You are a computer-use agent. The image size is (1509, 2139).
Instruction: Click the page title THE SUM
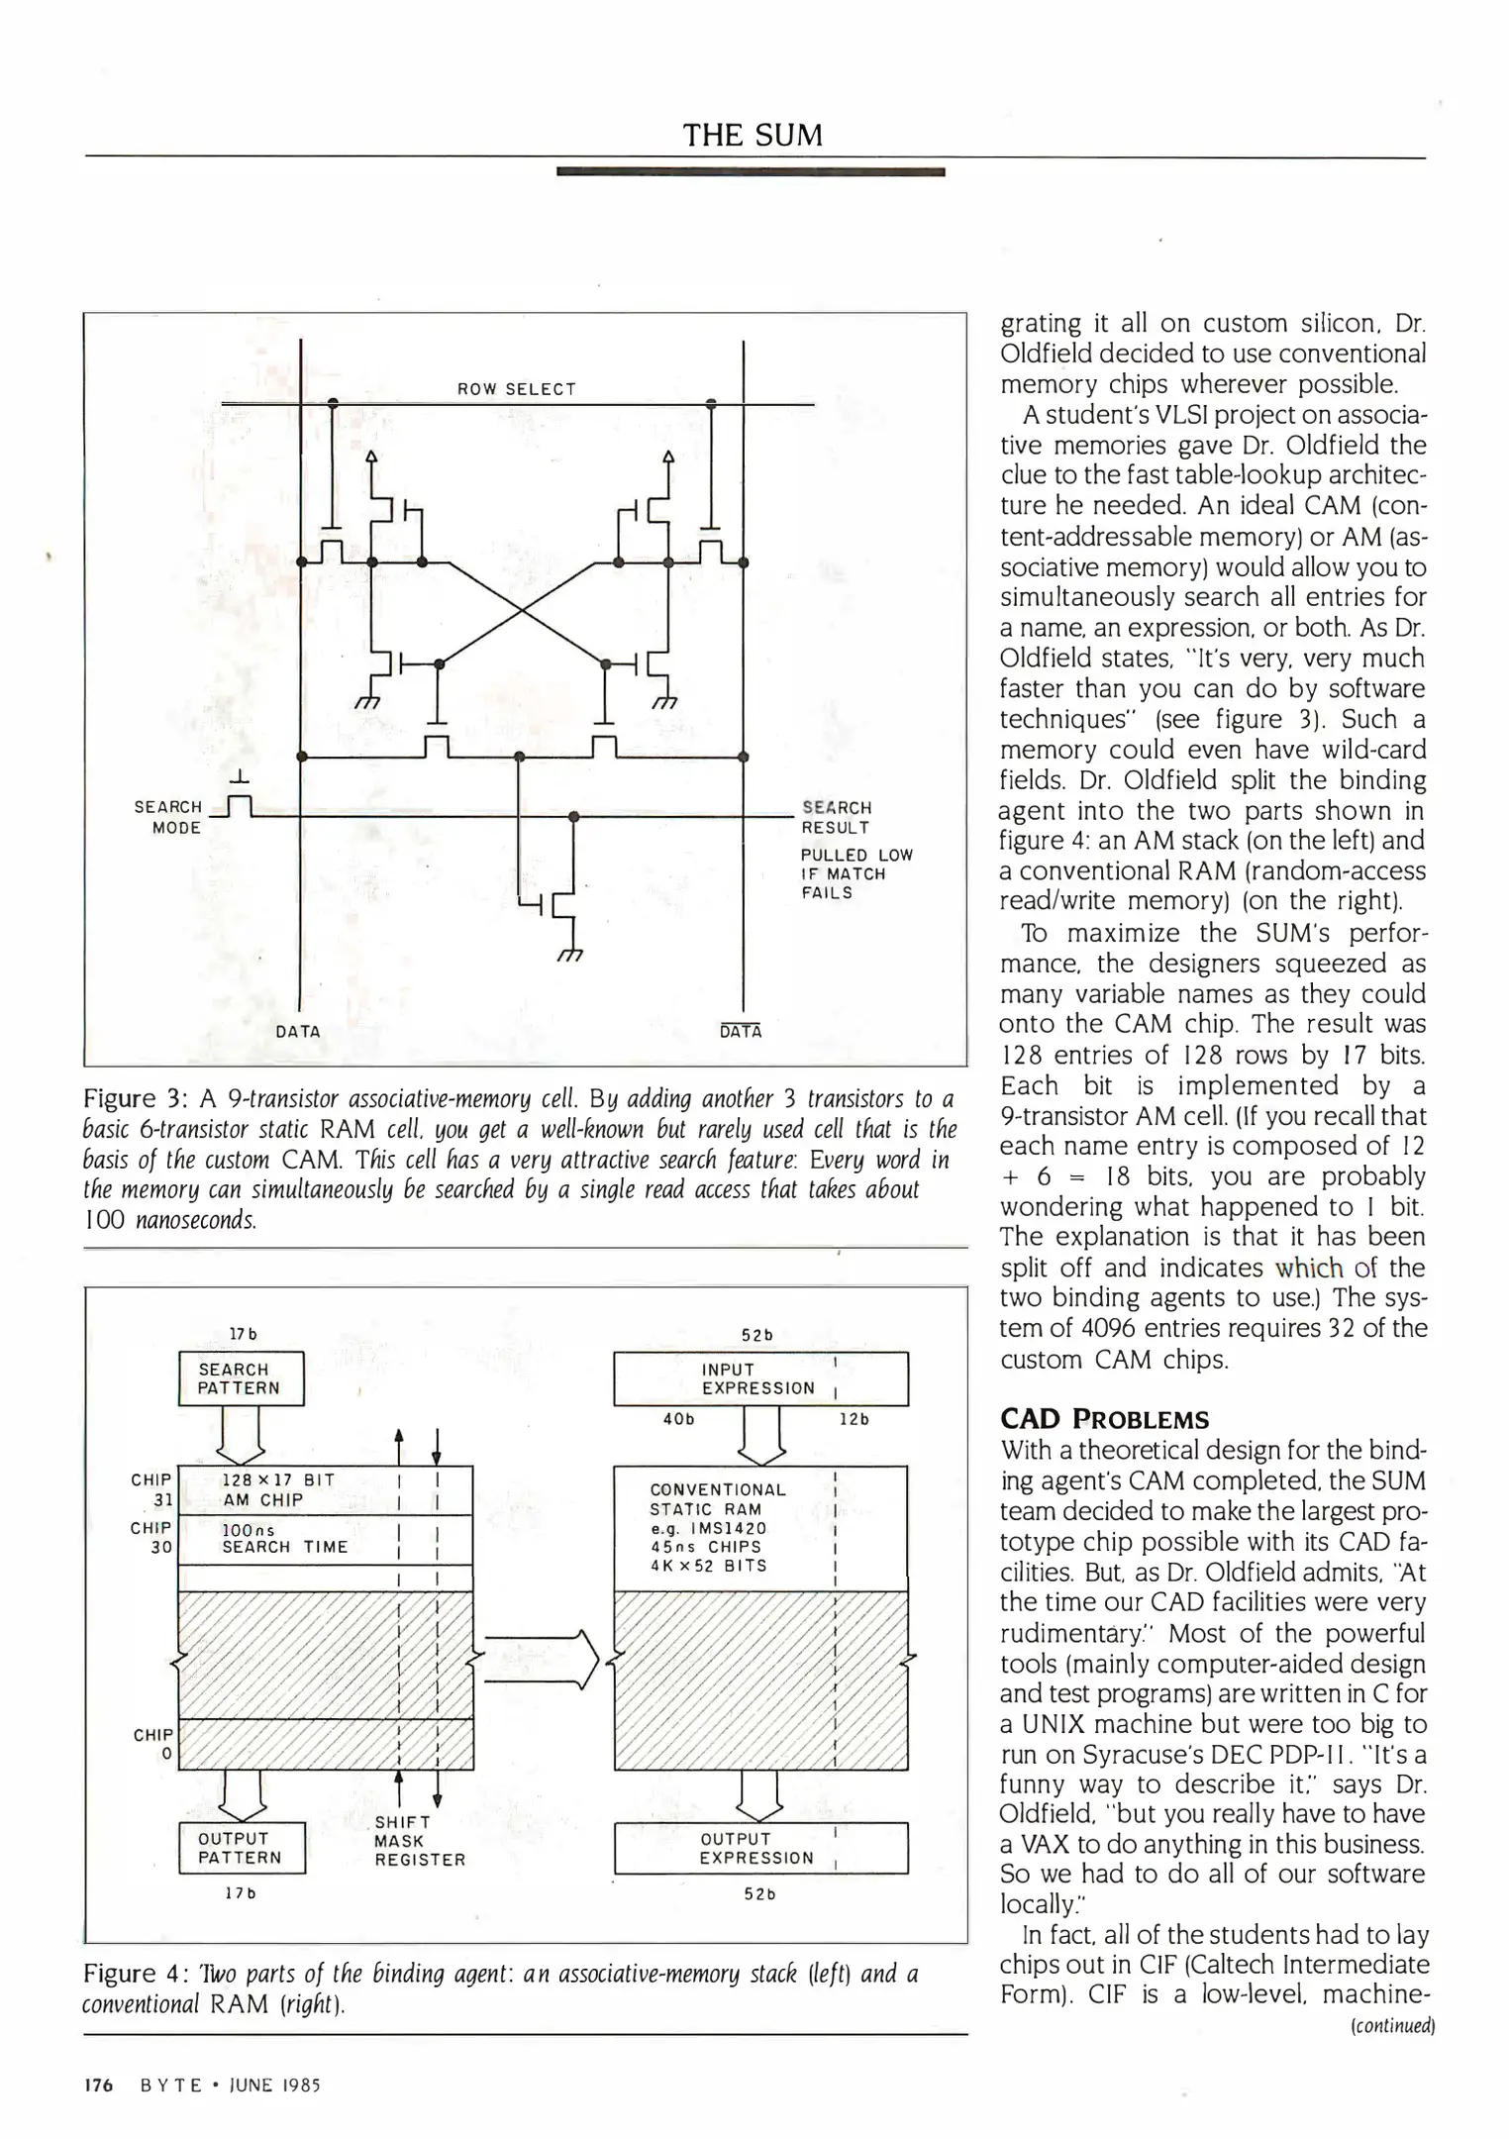pos(753,135)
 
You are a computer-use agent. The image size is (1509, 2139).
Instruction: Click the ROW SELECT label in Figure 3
pos(516,389)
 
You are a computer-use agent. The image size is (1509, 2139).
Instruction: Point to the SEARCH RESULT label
pos(837,817)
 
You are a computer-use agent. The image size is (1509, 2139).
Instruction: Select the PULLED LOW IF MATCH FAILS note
pos(855,873)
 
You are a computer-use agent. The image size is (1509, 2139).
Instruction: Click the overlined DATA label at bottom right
pos(741,1031)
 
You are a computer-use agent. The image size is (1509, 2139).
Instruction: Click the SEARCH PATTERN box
pos(241,1378)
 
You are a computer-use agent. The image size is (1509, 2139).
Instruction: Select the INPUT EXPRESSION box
pos(759,1378)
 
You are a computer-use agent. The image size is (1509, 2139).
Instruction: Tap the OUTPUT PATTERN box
pos(241,1848)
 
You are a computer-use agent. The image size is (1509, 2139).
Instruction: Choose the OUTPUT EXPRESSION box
pos(759,1848)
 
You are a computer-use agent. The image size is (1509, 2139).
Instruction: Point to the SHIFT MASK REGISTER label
pos(419,1841)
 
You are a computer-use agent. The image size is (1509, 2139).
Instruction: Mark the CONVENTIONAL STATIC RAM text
pos(718,1499)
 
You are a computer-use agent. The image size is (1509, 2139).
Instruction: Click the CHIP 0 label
pos(153,1744)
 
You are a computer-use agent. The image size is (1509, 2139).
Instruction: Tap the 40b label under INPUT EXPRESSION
pos(678,1419)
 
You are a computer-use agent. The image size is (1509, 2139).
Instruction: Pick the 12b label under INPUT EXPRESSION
pos(853,1419)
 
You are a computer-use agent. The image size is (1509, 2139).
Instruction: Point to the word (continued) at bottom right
pos(1392,2025)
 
